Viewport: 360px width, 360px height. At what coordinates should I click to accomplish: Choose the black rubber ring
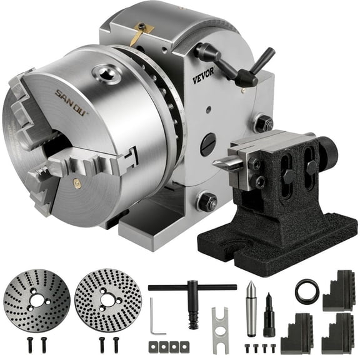coord(307,291)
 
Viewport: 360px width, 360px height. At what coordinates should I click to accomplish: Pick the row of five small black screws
coord(258,347)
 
